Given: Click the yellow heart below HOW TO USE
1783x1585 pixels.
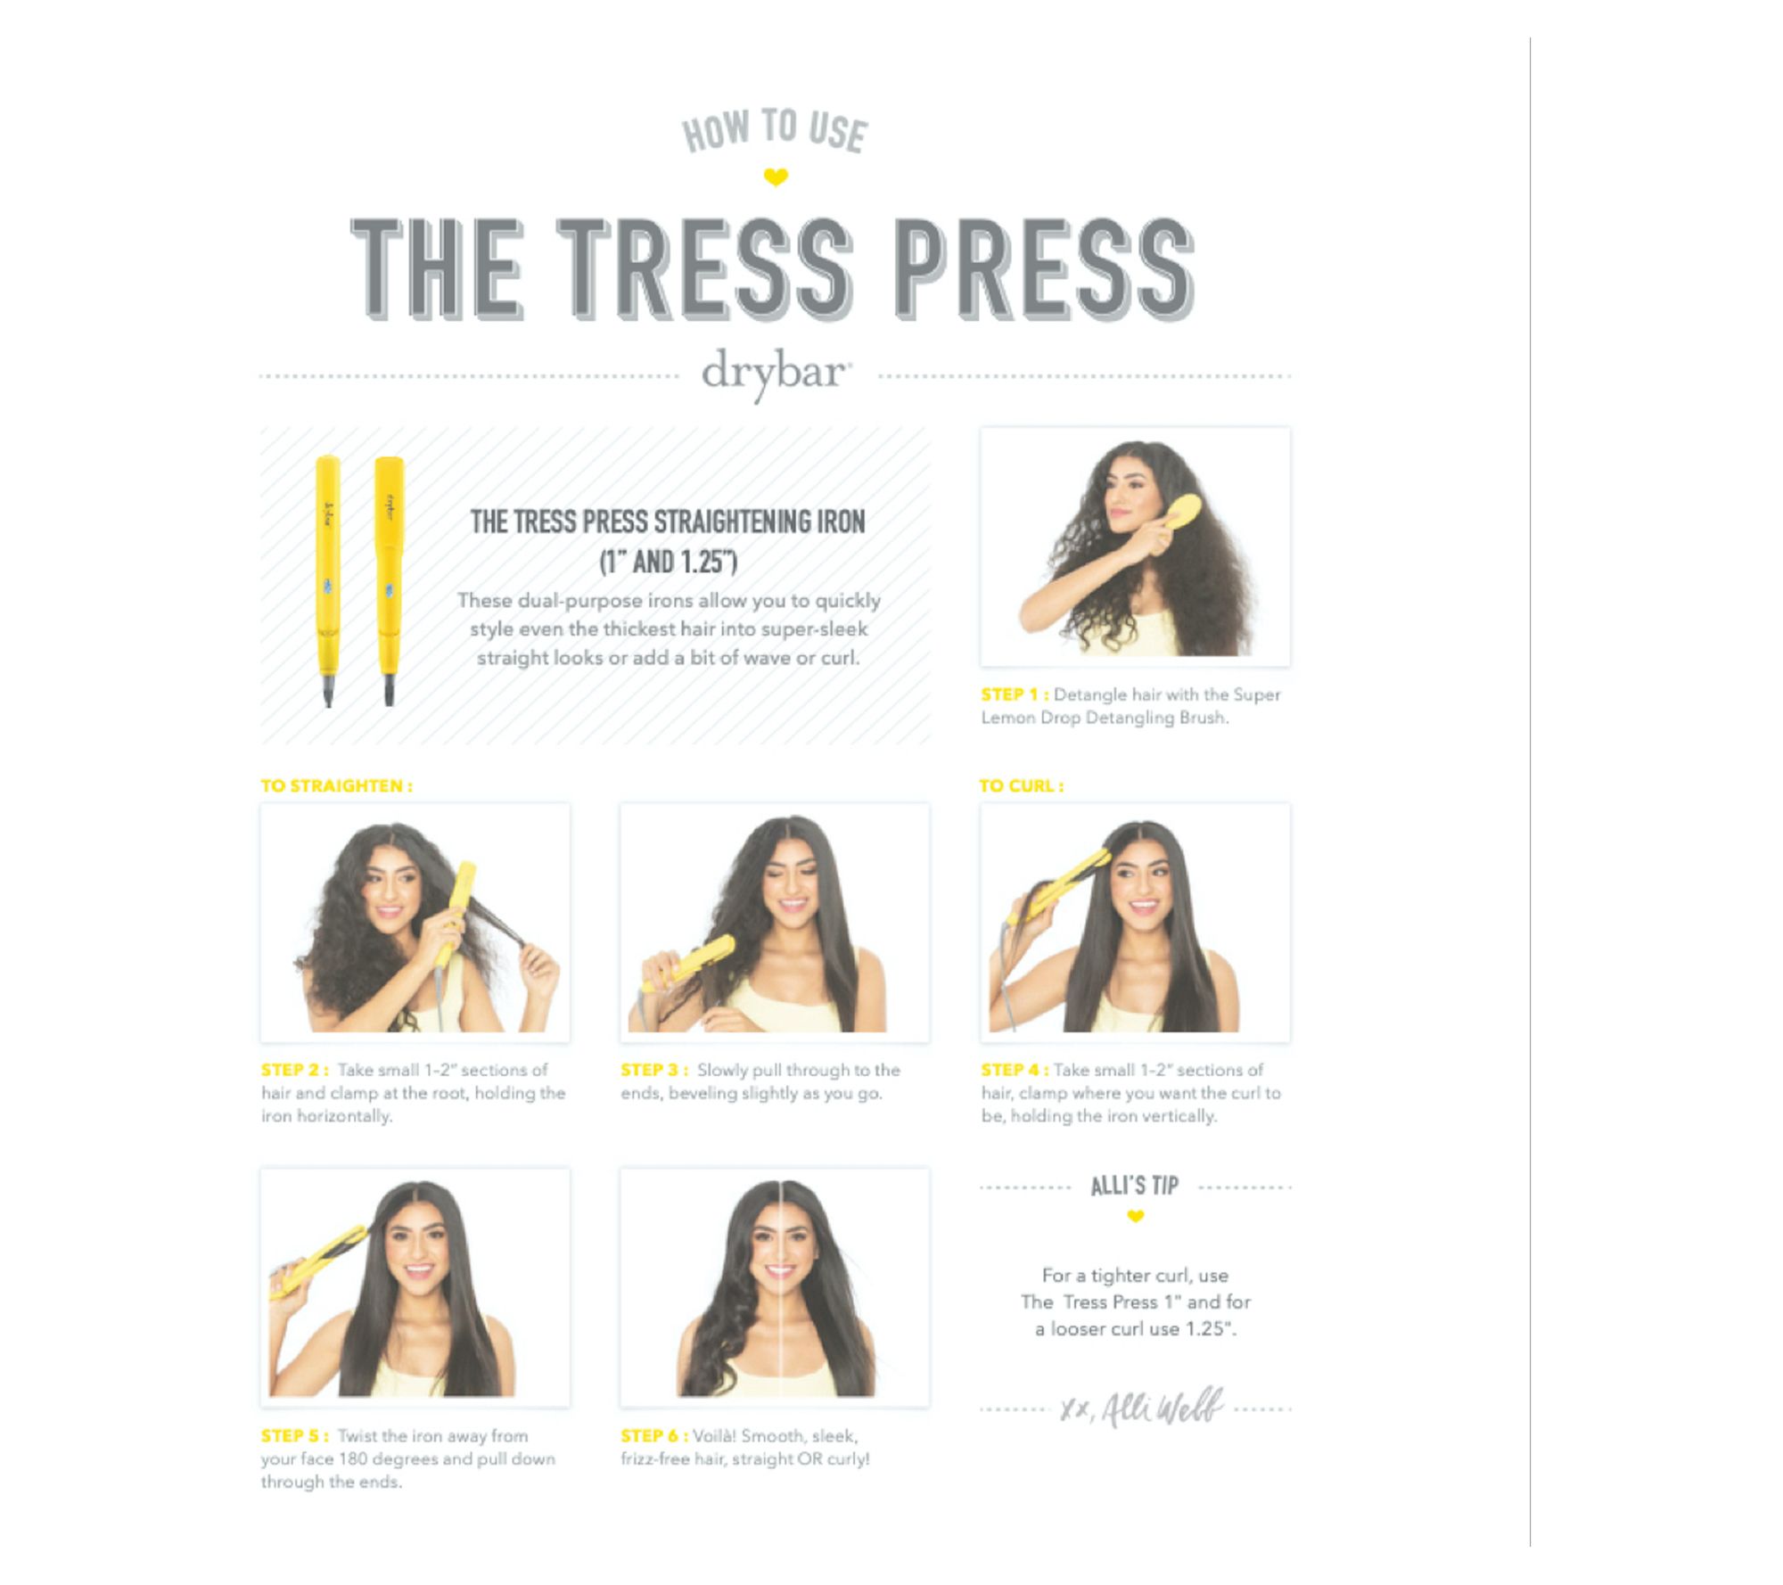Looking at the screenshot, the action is point(776,177).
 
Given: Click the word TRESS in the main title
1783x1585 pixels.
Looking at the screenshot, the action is point(705,268).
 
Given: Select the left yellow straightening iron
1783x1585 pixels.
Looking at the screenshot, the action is point(327,579).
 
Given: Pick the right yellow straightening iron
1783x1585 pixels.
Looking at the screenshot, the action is point(389,579).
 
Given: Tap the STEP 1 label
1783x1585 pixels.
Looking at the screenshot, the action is point(1014,694).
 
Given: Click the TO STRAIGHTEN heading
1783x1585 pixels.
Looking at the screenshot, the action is point(336,786).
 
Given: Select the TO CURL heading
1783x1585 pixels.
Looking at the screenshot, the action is point(1021,786).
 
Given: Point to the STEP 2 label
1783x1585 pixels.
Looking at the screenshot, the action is point(294,1070).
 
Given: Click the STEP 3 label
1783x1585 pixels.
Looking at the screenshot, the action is point(654,1070).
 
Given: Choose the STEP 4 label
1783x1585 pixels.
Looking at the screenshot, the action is point(1015,1070).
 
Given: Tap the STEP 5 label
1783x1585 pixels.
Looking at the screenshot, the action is point(294,1436).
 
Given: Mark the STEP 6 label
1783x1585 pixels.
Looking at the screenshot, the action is point(654,1436).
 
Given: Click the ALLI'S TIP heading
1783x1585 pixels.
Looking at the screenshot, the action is point(1135,1186).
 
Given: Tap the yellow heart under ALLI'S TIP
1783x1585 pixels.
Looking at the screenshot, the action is point(1135,1217).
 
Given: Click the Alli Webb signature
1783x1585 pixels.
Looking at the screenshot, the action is point(1142,1408).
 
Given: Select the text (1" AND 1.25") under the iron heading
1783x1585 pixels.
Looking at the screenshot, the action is point(668,563).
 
